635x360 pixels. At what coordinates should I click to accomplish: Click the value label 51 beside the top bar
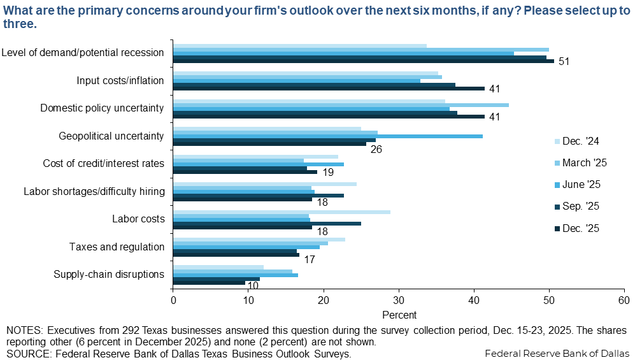[x=563, y=62]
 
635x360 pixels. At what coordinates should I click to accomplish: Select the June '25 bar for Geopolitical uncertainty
[x=327, y=136]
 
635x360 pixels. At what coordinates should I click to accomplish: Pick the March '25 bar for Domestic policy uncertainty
[x=341, y=104]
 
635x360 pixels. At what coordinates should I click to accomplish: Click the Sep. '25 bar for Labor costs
[x=267, y=223]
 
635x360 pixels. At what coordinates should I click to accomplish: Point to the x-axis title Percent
[x=399, y=315]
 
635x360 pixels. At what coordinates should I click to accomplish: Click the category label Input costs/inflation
[x=120, y=80]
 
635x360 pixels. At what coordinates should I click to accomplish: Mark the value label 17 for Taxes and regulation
[x=309, y=259]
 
